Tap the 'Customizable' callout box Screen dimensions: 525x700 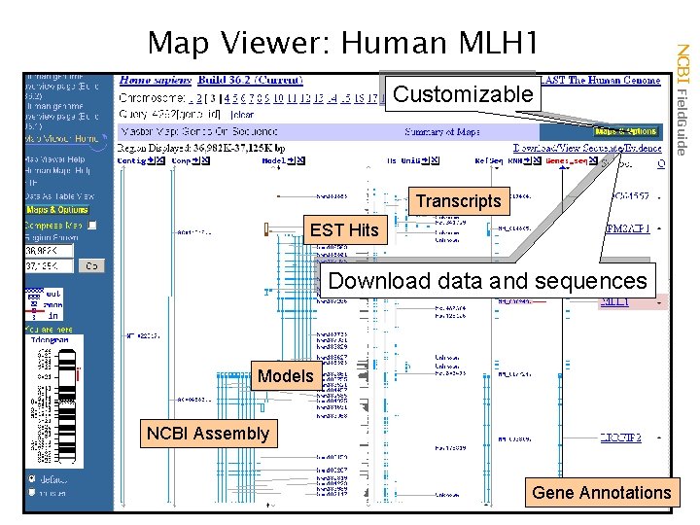coord(463,94)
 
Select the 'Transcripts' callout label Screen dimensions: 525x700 coord(458,201)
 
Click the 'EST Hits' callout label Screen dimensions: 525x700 coord(343,230)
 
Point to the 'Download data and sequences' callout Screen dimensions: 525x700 coord(488,281)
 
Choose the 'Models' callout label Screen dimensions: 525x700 coord(285,375)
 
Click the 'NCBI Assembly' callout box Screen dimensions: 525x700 coord(207,433)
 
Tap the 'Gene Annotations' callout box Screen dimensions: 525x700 coord(601,492)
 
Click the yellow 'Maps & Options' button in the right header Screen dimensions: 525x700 coord(625,131)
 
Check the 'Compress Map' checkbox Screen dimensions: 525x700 coord(92,226)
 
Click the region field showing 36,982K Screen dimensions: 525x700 coord(49,250)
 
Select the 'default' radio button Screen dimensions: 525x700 coord(34,479)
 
